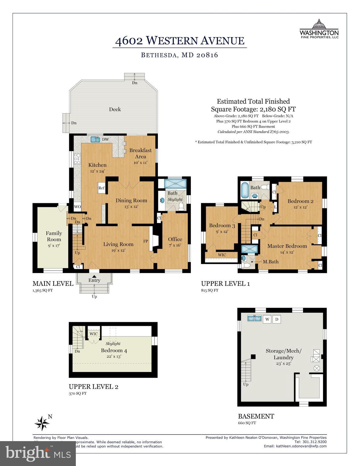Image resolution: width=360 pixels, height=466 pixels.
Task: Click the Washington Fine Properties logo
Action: (x=319, y=29)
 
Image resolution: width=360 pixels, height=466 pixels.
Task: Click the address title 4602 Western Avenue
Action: (x=180, y=41)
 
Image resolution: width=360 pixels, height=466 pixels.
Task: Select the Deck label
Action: (x=115, y=109)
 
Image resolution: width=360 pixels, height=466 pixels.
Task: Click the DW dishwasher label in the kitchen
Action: (x=105, y=140)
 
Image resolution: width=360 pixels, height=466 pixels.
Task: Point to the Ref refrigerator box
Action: (x=101, y=188)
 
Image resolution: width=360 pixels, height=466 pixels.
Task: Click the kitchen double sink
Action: (x=95, y=140)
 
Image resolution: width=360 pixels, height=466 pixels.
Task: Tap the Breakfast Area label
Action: (x=140, y=154)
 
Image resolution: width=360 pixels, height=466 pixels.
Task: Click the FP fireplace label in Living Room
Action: (x=146, y=241)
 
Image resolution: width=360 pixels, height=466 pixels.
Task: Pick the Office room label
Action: (x=175, y=239)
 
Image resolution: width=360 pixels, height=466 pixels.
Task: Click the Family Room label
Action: (x=54, y=236)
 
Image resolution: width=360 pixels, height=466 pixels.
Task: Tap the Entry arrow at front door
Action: (x=94, y=276)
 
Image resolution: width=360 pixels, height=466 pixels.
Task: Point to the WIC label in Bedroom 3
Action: (x=222, y=255)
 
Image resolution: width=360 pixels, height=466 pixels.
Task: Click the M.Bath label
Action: (x=271, y=262)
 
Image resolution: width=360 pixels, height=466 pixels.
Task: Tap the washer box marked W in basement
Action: (x=267, y=319)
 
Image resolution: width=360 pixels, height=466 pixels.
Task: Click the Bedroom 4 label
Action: (x=114, y=350)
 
